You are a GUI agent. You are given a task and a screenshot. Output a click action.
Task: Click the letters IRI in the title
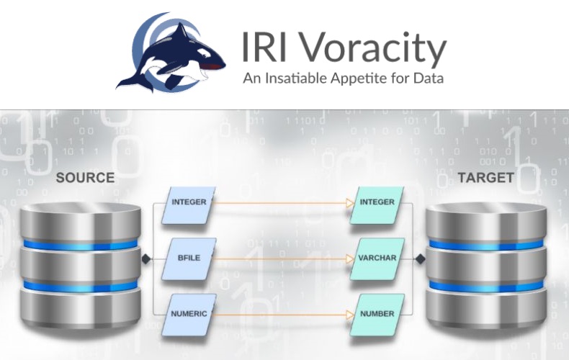point(264,48)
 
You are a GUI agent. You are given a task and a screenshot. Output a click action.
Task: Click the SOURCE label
point(85,177)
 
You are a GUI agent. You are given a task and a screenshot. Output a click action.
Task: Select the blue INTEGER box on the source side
point(189,202)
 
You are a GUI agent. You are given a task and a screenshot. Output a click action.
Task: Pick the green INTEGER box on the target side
point(377,202)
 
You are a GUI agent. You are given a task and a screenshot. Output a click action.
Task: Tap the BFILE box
point(189,258)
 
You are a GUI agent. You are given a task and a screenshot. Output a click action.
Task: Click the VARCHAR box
point(377,258)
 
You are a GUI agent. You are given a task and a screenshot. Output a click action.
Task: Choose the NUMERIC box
point(189,314)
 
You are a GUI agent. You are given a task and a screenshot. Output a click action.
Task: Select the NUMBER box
point(377,314)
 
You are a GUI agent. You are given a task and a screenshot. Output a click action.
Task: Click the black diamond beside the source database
point(145,258)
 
